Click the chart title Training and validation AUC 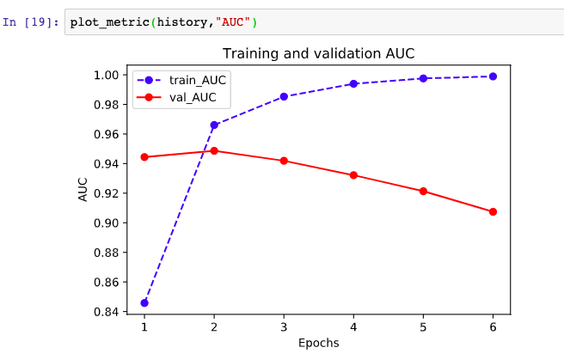click(318, 54)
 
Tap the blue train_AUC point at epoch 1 click(144, 302)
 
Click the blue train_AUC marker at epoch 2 click(214, 125)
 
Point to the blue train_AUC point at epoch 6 click(493, 76)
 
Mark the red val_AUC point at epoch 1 click(144, 157)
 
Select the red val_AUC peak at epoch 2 click(214, 150)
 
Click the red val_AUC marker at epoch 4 click(353, 175)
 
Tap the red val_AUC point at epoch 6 click(493, 211)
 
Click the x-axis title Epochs click(318, 343)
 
